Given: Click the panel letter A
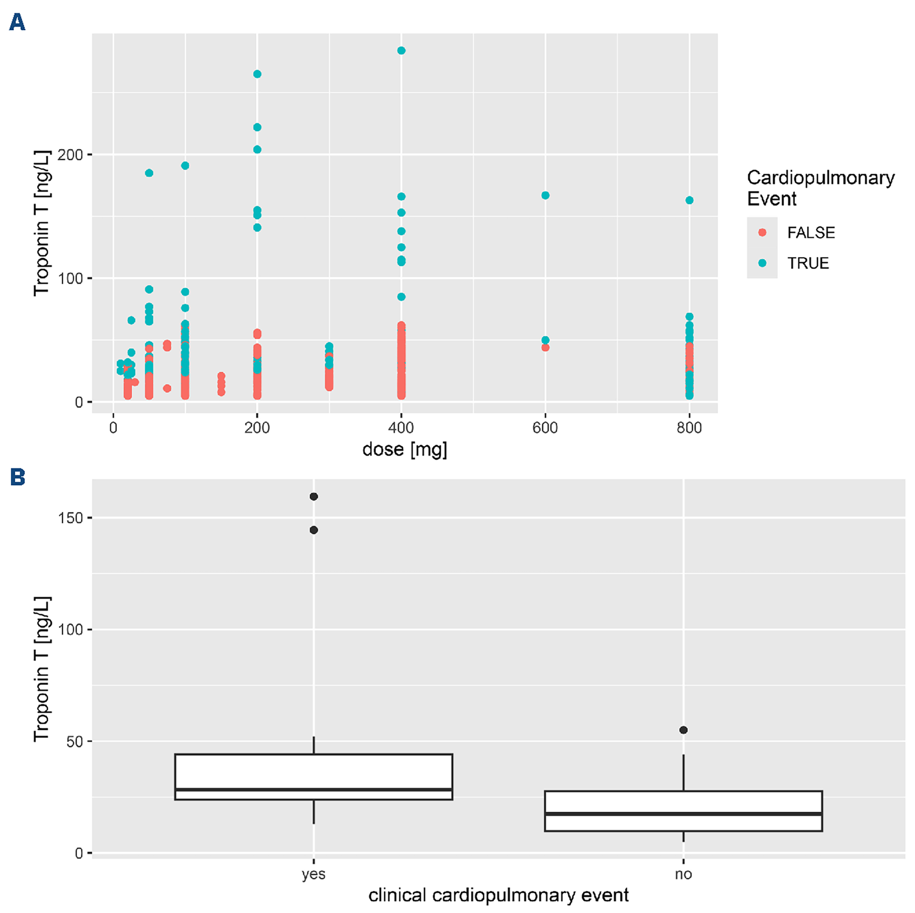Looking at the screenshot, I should coord(17,22).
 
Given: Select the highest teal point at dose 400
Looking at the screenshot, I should coord(401,51).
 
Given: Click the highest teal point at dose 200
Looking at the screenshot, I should coord(257,74).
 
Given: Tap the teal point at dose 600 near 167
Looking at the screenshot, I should coord(545,195).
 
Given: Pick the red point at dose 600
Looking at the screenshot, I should coord(545,347).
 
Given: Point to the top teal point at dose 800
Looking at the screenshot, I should coord(690,200).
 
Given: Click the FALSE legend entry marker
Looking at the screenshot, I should coord(762,232).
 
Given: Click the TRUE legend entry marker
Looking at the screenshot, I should coord(762,263).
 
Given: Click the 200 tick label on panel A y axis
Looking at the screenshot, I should coord(70,155).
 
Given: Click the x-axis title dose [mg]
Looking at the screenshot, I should coord(404,449).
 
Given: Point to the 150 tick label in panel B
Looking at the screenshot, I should coord(71,518).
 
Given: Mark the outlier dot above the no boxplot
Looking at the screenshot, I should coord(684,730).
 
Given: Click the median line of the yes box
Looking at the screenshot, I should coord(313,790).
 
